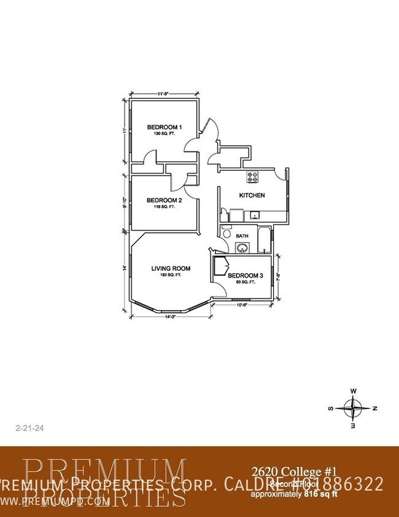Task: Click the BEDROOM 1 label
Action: [x=163, y=128]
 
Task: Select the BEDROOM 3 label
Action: [x=246, y=276]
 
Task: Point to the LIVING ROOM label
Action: [x=171, y=268]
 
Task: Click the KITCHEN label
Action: [x=252, y=195]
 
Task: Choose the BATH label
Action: [x=242, y=236]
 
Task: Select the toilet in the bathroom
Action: [x=226, y=233]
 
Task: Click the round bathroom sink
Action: [x=242, y=248]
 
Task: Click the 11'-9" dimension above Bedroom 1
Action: [x=163, y=94]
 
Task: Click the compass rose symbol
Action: [x=354, y=408]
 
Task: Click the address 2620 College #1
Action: [x=294, y=472]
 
